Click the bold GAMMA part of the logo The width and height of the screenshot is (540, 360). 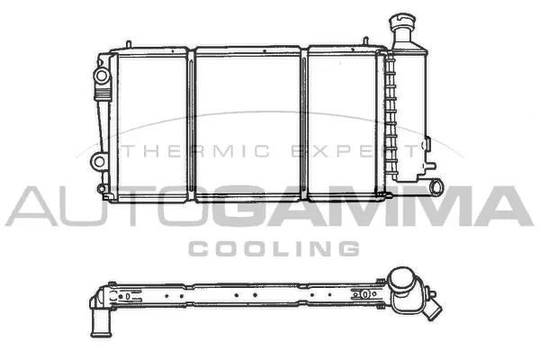pyautogui.click(x=360, y=208)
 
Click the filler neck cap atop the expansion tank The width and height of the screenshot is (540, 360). pyautogui.click(x=400, y=21)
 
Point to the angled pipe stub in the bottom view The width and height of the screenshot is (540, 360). pyautogui.click(x=433, y=309)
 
